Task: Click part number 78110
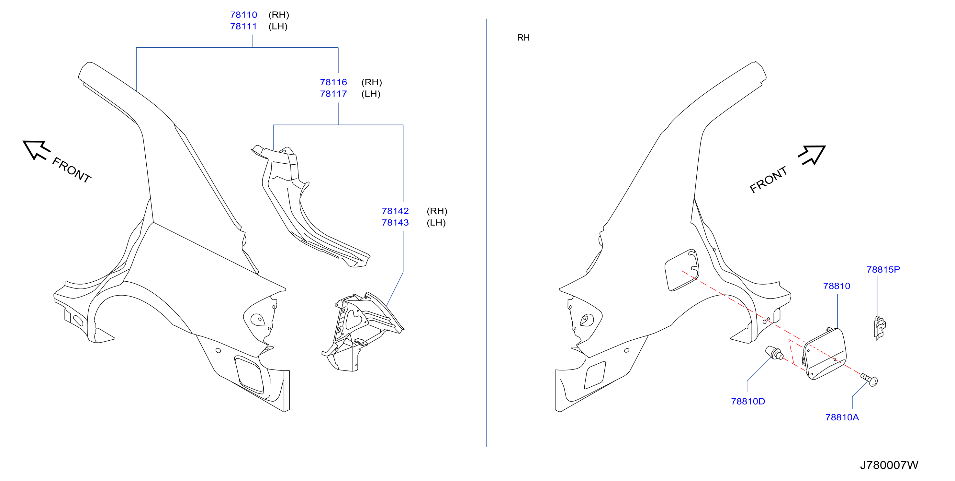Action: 243,15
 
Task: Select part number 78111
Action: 243,26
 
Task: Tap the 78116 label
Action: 333,82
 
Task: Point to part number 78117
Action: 333,94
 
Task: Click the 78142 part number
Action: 395,211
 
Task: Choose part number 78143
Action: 395,223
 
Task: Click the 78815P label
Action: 883,270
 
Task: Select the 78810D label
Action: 748,402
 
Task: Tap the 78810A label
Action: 842,417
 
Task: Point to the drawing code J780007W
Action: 889,465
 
